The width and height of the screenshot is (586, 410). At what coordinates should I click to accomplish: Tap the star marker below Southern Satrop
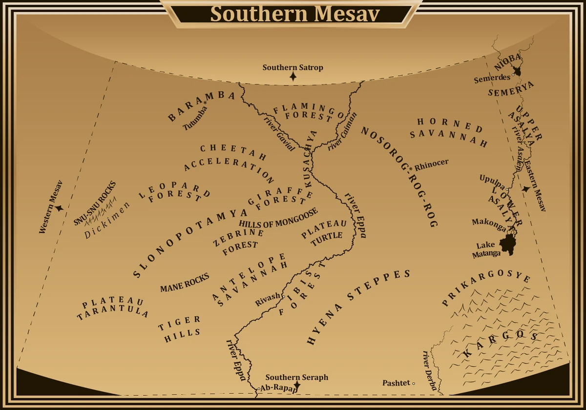[293, 76]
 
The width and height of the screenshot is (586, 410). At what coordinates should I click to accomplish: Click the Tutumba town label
[196, 118]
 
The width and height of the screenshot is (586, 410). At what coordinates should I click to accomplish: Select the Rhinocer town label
[432, 163]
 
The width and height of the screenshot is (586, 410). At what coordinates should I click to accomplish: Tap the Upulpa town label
[492, 179]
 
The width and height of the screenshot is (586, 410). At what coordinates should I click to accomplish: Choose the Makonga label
[488, 222]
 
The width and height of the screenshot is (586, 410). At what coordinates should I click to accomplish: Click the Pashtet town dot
[414, 384]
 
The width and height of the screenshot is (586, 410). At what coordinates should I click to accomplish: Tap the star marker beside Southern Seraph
[296, 386]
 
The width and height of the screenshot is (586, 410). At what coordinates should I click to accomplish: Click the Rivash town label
[268, 300]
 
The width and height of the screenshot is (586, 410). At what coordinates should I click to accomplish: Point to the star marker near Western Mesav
[59, 208]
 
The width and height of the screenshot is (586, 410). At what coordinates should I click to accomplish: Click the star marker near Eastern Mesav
[525, 188]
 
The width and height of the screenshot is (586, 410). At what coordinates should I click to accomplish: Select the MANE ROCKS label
[184, 283]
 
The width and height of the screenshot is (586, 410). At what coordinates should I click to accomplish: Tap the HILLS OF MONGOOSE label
[278, 218]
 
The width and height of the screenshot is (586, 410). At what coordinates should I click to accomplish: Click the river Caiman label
[343, 131]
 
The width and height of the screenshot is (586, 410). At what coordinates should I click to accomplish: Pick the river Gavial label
[279, 133]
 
